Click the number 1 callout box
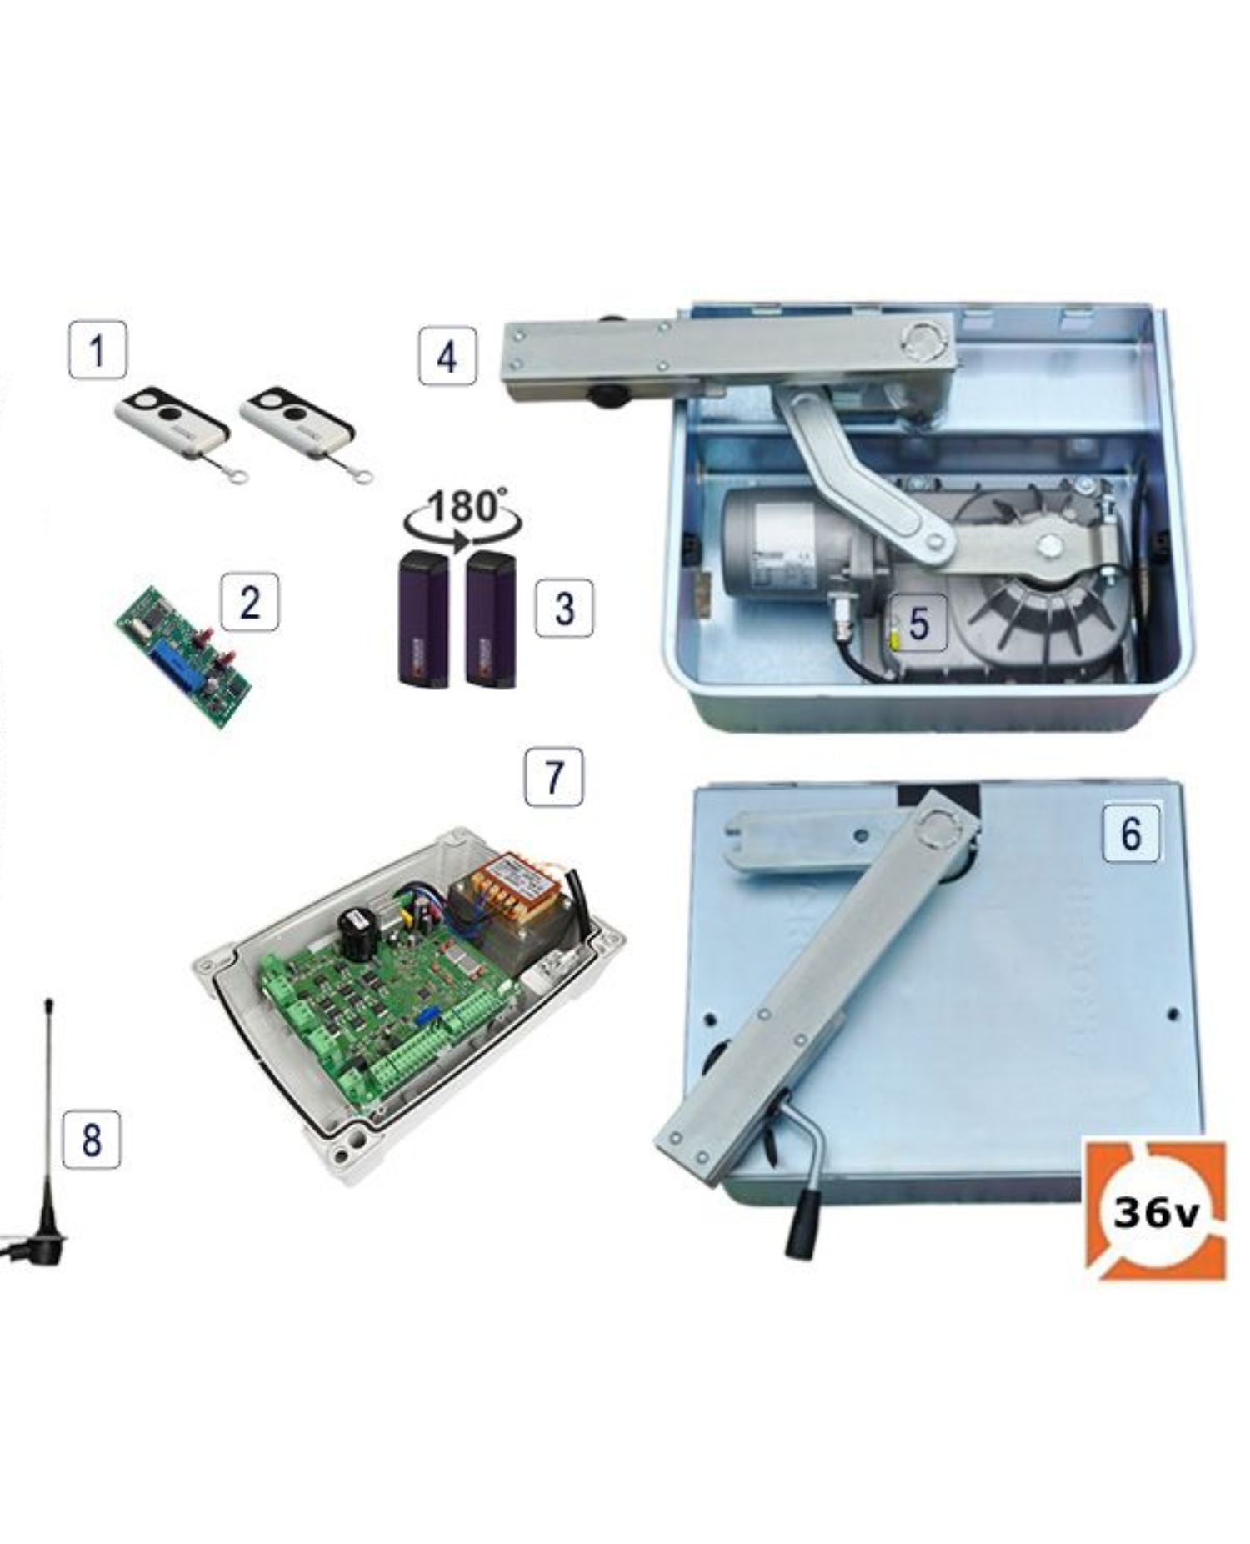pyautogui.click(x=97, y=349)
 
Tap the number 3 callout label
pyautogui.click(x=564, y=608)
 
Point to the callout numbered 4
pyautogui.click(x=447, y=356)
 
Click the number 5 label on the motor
pyautogui.click(x=917, y=622)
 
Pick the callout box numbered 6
pyautogui.click(x=1131, y=832)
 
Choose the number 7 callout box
pyautogui.click(x=554, y=777)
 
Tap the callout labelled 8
pyautogui.click(x=92, y=1139)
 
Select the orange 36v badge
pyautogui.click(x=1155, y=1211)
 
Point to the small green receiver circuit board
pyautogui.click(x=184, y=657)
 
